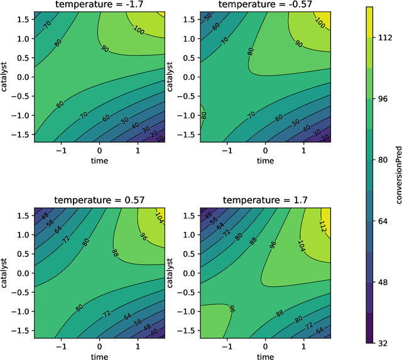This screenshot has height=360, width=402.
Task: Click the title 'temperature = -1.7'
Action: click(99, 6)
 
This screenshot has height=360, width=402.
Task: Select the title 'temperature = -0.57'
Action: click(266, 6)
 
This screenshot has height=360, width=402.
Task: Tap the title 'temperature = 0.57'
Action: click(99, 200)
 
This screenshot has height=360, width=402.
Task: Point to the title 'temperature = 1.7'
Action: click(266, 200)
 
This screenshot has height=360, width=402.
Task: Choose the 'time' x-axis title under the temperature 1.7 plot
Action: click(266, 356)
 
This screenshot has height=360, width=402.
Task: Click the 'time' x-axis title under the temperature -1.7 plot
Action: click(99, 161)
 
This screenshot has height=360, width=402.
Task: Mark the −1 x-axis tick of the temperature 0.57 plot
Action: click(61, 346)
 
